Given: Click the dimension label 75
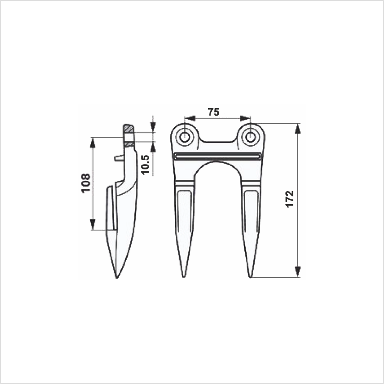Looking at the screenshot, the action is (214, 112).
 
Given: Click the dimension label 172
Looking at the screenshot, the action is (290, 199).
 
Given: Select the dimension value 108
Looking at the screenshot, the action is (86, 183).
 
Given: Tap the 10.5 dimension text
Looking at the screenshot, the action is (145, 164).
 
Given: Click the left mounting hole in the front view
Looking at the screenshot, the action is (184, 137).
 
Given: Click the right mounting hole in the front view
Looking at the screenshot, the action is (250, 137).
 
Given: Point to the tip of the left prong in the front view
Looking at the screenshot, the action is (183, 277).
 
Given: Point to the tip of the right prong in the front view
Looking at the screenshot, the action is (250, 277).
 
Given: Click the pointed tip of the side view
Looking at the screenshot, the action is (116, 278).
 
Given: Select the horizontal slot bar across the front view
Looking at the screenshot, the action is (217, 156).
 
